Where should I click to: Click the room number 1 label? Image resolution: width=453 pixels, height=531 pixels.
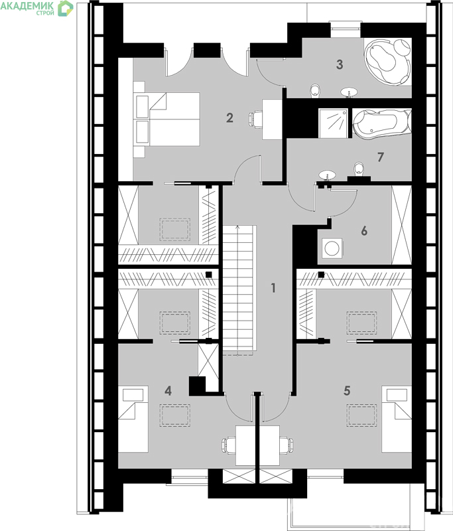coord(273,288)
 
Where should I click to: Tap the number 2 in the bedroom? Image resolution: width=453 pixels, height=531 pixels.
coord(229,118)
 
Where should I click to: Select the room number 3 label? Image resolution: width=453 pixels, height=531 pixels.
coord(340,64)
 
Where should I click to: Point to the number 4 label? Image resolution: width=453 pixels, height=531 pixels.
coord(168,391)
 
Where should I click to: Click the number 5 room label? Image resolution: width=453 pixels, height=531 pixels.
coord(347,391)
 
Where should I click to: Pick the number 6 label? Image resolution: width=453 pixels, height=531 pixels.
coord(364,231)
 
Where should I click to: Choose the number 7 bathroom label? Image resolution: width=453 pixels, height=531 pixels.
coord(381,157)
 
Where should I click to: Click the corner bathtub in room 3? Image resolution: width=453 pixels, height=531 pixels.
coord(388,61)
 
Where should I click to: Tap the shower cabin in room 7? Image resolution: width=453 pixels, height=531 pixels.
coord(333,123)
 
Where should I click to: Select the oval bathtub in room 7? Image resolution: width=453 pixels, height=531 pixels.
coord(382,123)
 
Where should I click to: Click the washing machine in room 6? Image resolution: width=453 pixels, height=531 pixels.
coord(332,248)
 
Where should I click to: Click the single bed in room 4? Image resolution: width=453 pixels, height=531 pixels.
coord(133,419)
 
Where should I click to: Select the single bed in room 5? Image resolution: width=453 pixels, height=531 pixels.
coord(397,419)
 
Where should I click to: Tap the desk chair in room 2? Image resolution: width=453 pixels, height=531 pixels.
coord(255,119)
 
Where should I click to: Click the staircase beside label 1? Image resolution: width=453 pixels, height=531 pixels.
coord(238,289)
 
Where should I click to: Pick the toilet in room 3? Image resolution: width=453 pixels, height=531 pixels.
coord(315,91)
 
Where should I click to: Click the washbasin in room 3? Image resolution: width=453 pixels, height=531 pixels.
coord(349,92)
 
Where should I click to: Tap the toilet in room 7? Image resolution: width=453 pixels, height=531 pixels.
coord(359,169)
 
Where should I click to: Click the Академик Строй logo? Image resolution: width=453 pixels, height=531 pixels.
coord(36,8)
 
